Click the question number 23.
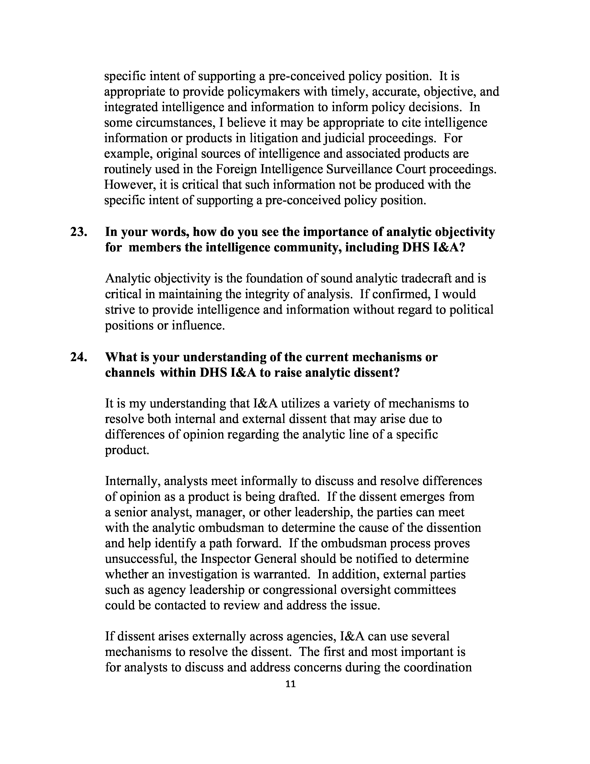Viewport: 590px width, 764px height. coord(78,232)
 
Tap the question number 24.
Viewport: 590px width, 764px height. coord(78,357)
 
